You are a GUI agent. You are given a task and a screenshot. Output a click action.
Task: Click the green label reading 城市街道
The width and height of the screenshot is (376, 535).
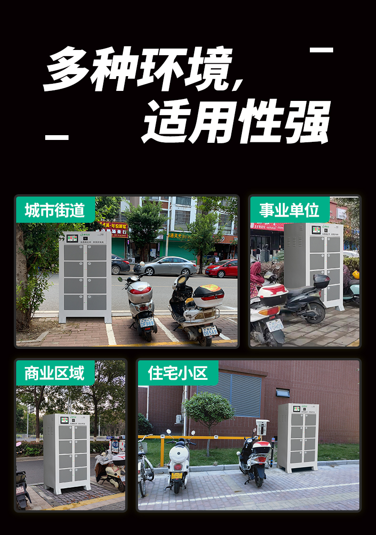pos(54,210)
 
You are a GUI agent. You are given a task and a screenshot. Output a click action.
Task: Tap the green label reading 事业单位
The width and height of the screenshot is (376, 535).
pos(289,210)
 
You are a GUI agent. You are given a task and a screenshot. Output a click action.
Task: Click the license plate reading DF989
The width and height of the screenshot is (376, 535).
pos(147,323)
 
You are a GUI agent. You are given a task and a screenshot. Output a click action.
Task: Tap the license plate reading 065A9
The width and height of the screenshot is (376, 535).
pos(209,331)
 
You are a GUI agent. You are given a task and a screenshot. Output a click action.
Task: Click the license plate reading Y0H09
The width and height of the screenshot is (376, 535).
pos(275,326)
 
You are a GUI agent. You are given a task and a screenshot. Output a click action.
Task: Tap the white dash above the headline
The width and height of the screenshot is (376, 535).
pos(321,50)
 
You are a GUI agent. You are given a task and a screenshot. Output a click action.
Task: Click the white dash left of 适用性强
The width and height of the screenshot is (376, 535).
pos(57,137)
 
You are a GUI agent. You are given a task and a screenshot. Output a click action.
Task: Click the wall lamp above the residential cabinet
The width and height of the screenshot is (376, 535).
pos(282,393)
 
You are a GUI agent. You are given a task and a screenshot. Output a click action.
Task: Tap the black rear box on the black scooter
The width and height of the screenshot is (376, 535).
pos(321,281)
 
